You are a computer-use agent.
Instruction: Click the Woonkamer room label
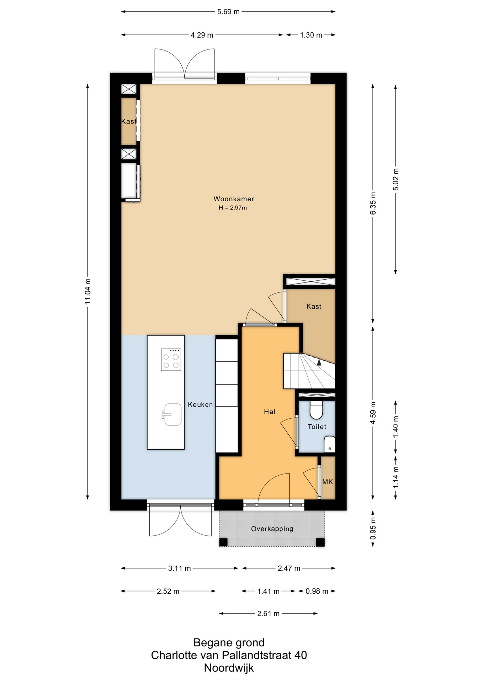234,199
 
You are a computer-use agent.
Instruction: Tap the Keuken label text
200,404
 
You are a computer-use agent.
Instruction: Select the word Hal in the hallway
270,412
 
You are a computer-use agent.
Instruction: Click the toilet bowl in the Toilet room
316,410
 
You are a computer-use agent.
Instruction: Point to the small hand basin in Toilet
330,444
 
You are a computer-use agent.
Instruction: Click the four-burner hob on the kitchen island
171,360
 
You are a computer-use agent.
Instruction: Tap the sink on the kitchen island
172,414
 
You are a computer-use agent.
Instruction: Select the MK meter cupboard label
328,482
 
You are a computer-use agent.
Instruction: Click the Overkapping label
272,529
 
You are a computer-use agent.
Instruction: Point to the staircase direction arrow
319,362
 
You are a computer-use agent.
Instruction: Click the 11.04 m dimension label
87,291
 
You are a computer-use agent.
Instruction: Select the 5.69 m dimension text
228,12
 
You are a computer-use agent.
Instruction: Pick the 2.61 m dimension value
268,613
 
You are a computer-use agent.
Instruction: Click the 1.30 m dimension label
311,35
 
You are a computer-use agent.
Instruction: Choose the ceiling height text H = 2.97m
233,208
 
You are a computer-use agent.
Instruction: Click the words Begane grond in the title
229,642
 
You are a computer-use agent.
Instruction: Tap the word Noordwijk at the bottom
229,668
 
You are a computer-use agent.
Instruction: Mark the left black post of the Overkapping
223,542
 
